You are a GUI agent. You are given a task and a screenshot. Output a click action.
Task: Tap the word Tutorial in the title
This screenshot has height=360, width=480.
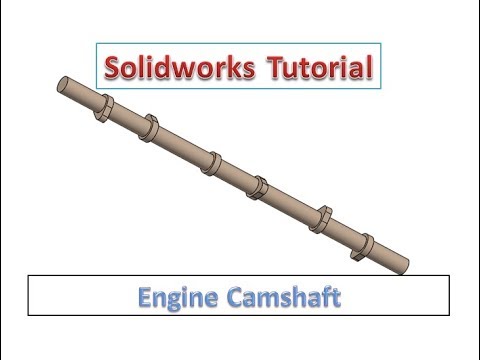[x=322, y=68]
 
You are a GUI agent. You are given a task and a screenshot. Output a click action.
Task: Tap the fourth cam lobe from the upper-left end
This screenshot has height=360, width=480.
[x=258, y=184]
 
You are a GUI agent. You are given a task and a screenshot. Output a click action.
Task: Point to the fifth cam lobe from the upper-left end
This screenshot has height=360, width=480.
[x=323, y=216]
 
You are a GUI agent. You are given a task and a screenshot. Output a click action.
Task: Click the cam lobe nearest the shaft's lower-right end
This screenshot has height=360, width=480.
[x=365, y=243]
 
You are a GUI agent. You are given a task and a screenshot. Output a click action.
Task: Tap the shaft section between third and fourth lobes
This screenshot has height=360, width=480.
[x=237, y=173]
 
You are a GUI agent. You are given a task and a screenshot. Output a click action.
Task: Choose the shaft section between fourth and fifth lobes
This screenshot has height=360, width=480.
[x=291, y=201]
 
